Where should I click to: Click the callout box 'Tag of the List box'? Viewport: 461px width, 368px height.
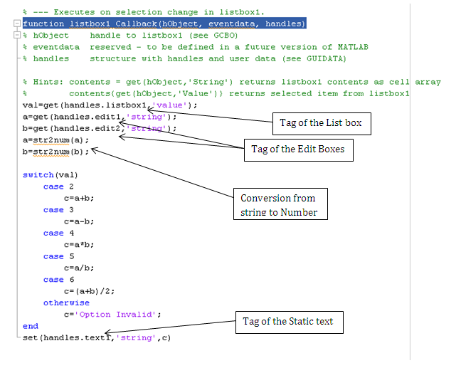(x=321, y=123)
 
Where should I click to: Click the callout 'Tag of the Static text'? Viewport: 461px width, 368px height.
(x=287, y=321)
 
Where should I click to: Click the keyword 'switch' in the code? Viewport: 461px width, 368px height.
(x=38, y=174)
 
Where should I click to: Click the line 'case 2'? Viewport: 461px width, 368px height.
(x=53, y=186)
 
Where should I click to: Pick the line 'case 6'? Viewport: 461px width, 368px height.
(x=53, y=280)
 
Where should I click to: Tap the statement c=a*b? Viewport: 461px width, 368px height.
(x=78, y=244)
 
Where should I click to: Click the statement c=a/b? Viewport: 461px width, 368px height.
(x=78, y=268)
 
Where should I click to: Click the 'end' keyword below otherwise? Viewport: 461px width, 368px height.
(x=30, y=326)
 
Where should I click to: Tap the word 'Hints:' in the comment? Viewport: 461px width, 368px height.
(x=48, y=82)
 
